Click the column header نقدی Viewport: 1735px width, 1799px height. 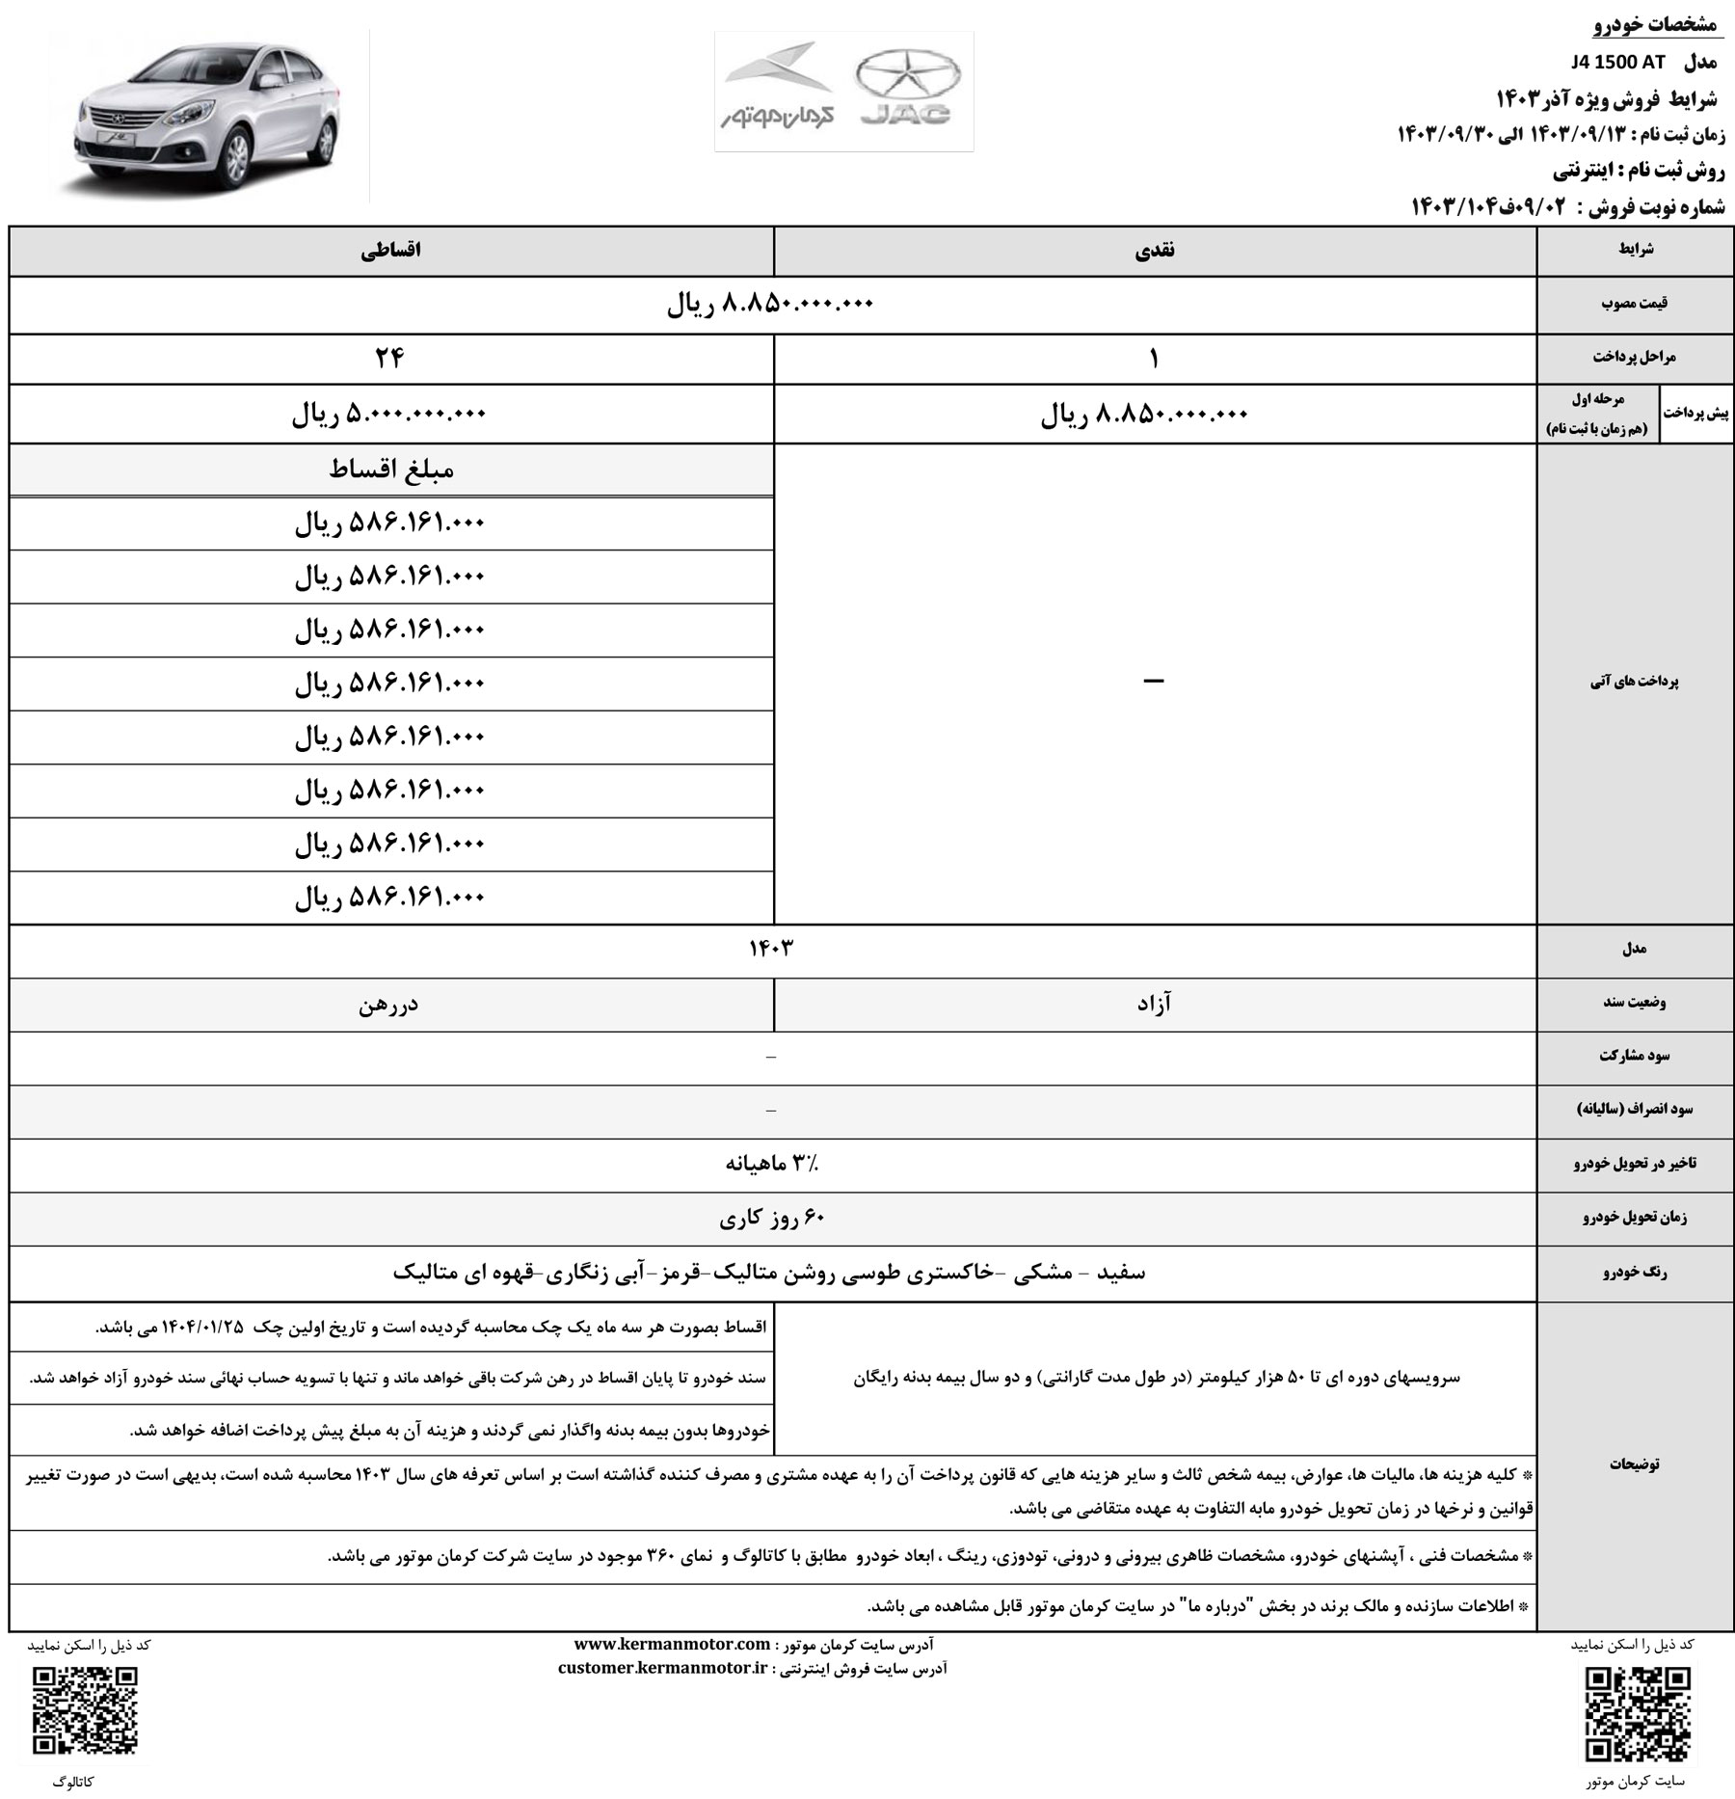(1155, 250)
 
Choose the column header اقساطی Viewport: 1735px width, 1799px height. (390, 250)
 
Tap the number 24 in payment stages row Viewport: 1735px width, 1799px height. (390, 359)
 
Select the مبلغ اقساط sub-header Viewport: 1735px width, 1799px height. (390, 470)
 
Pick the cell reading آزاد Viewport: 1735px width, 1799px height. (1155, 1005)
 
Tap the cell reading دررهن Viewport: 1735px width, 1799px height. (390, 1005)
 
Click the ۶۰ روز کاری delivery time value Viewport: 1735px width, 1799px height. (772, 1218)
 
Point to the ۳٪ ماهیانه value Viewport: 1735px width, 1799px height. (772, 1164)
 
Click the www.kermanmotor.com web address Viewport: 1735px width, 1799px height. (672, 1644)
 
